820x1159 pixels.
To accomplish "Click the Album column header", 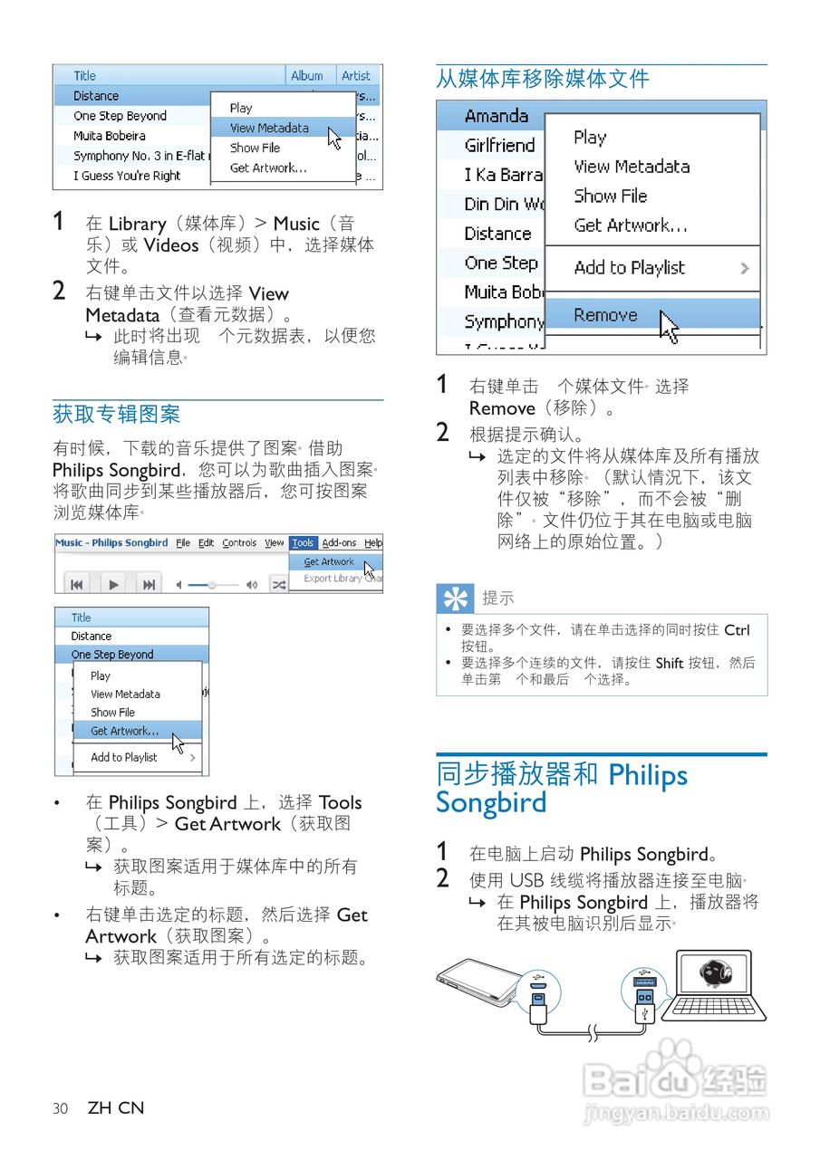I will pos(307,76).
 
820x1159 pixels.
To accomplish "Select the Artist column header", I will pos(356,76).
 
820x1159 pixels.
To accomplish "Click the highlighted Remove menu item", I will pos(605,315).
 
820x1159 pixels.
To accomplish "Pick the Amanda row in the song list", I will pos(497,116).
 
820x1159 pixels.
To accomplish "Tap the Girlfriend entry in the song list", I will pos(499,145).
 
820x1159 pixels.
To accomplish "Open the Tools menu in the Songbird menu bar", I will pos(303,543).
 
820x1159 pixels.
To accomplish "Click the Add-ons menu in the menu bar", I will pos(339,543).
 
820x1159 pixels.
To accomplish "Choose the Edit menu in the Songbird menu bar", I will pos(207,543).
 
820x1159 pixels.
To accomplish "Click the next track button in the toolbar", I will pos(150,585).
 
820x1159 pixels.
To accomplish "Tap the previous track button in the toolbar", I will pos(78,585).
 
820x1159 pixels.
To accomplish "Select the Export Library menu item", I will pos(333,579).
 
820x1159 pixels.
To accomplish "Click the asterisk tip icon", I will pos(455,599).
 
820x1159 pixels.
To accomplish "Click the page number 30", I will pos(61,1108).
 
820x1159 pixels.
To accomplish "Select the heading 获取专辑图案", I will pos(117,415).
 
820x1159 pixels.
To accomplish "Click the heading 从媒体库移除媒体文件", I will pos(543,80).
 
